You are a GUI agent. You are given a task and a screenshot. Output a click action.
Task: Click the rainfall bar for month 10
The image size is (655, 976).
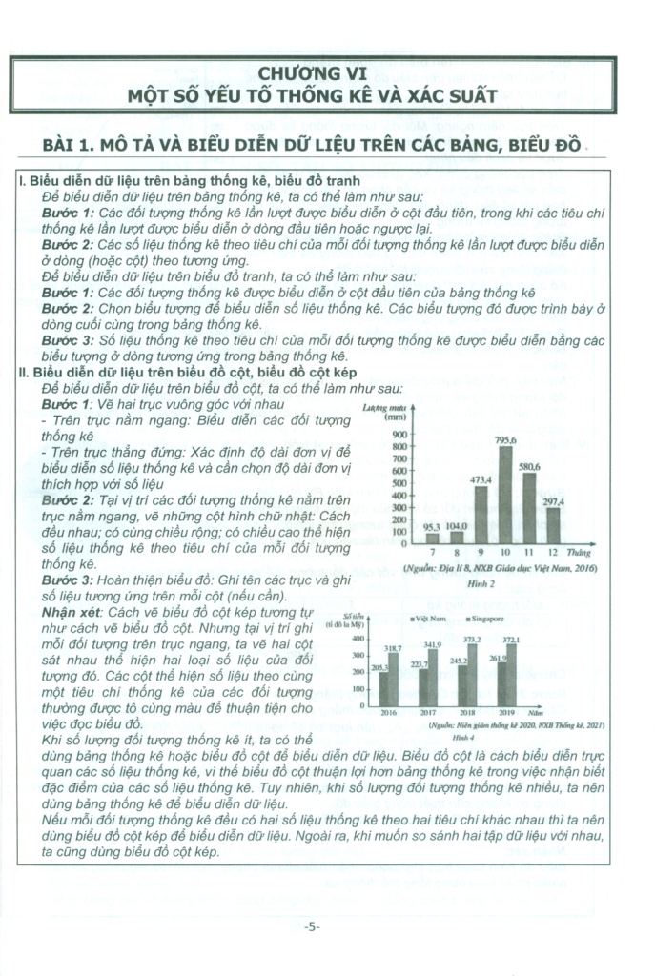[x=505, y=495]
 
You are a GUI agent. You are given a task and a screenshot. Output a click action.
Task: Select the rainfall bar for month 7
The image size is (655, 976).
[x=432, y=538]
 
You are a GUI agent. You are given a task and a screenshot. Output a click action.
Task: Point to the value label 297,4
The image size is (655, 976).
[x=553, y=501]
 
